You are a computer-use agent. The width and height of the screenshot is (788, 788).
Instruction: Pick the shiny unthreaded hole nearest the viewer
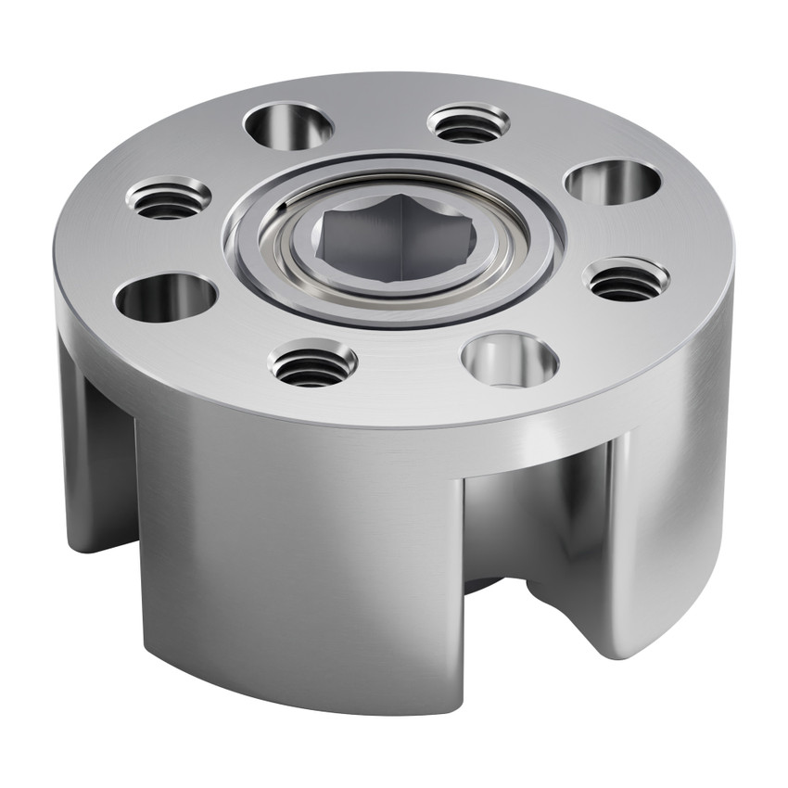pos(510,360)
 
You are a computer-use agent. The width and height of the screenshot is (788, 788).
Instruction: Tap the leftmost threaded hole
pos(169,198)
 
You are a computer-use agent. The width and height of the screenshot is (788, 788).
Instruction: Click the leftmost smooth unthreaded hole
pos(166,298)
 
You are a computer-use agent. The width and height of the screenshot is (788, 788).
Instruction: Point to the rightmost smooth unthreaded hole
pos(613,181)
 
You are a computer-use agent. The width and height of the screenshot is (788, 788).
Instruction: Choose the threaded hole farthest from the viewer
pos(468,123)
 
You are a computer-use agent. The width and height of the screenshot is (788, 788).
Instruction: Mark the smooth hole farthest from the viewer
pos(288,126)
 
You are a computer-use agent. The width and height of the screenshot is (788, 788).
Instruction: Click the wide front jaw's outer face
pos(297,556)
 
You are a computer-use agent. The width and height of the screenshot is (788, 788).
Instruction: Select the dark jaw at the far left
pos(93,464)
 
